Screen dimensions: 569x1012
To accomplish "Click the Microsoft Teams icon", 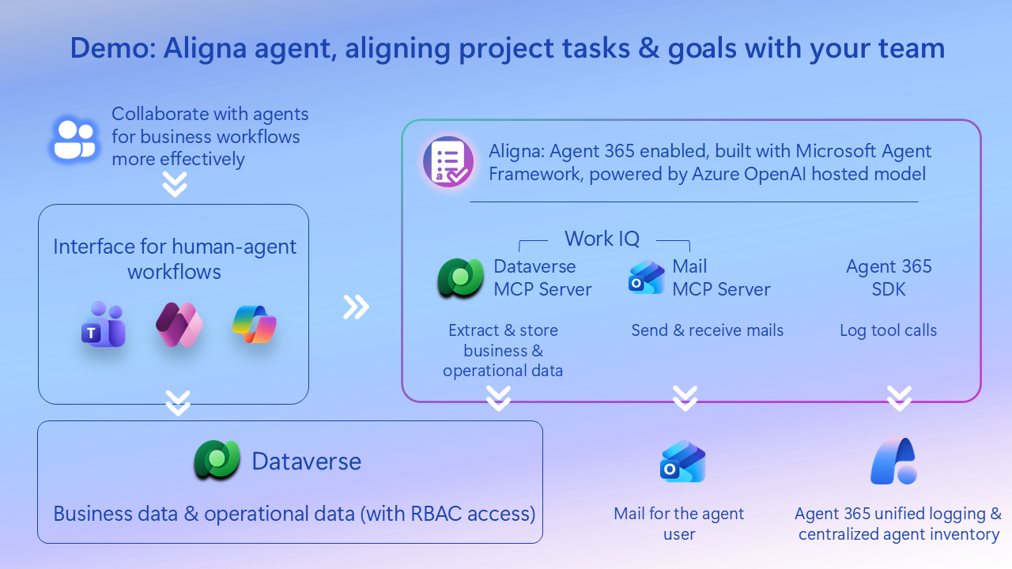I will click(x=103, y=324).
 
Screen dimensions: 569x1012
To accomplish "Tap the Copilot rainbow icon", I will click(x=255, y=324).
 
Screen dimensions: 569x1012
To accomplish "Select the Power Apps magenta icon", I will click(x=179, y=324).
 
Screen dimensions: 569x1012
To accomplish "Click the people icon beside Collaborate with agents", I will click(x=74, y=140).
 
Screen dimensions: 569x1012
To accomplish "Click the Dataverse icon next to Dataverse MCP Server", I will click(x=460, y=278).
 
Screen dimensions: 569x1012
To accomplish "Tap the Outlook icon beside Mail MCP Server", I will click(x=646, y=278).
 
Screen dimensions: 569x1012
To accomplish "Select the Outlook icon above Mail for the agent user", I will click(x=682, y=462).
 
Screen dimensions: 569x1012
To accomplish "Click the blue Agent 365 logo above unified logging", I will click(x=894, y=462).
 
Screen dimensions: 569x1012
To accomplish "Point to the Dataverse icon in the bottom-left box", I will click(x=217, y=461).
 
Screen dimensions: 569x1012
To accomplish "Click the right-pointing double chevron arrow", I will click(x=356, y=307).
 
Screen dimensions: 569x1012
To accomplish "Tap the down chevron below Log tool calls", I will click(x=899, y=398).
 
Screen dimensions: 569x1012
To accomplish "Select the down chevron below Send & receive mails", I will click(x=685, y=398).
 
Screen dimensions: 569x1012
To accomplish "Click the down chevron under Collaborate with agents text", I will click(x=175, y=184).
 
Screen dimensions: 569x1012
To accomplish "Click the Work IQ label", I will click(x=602, y=239).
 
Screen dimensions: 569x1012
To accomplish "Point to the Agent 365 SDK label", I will click(x=889, y=277).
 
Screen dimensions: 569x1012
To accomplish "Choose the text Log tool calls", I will click(x=888, y=330).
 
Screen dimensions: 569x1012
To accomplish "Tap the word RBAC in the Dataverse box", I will click(x=433, y=514).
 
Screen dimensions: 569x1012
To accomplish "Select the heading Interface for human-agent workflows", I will click(x=175, y=259).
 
